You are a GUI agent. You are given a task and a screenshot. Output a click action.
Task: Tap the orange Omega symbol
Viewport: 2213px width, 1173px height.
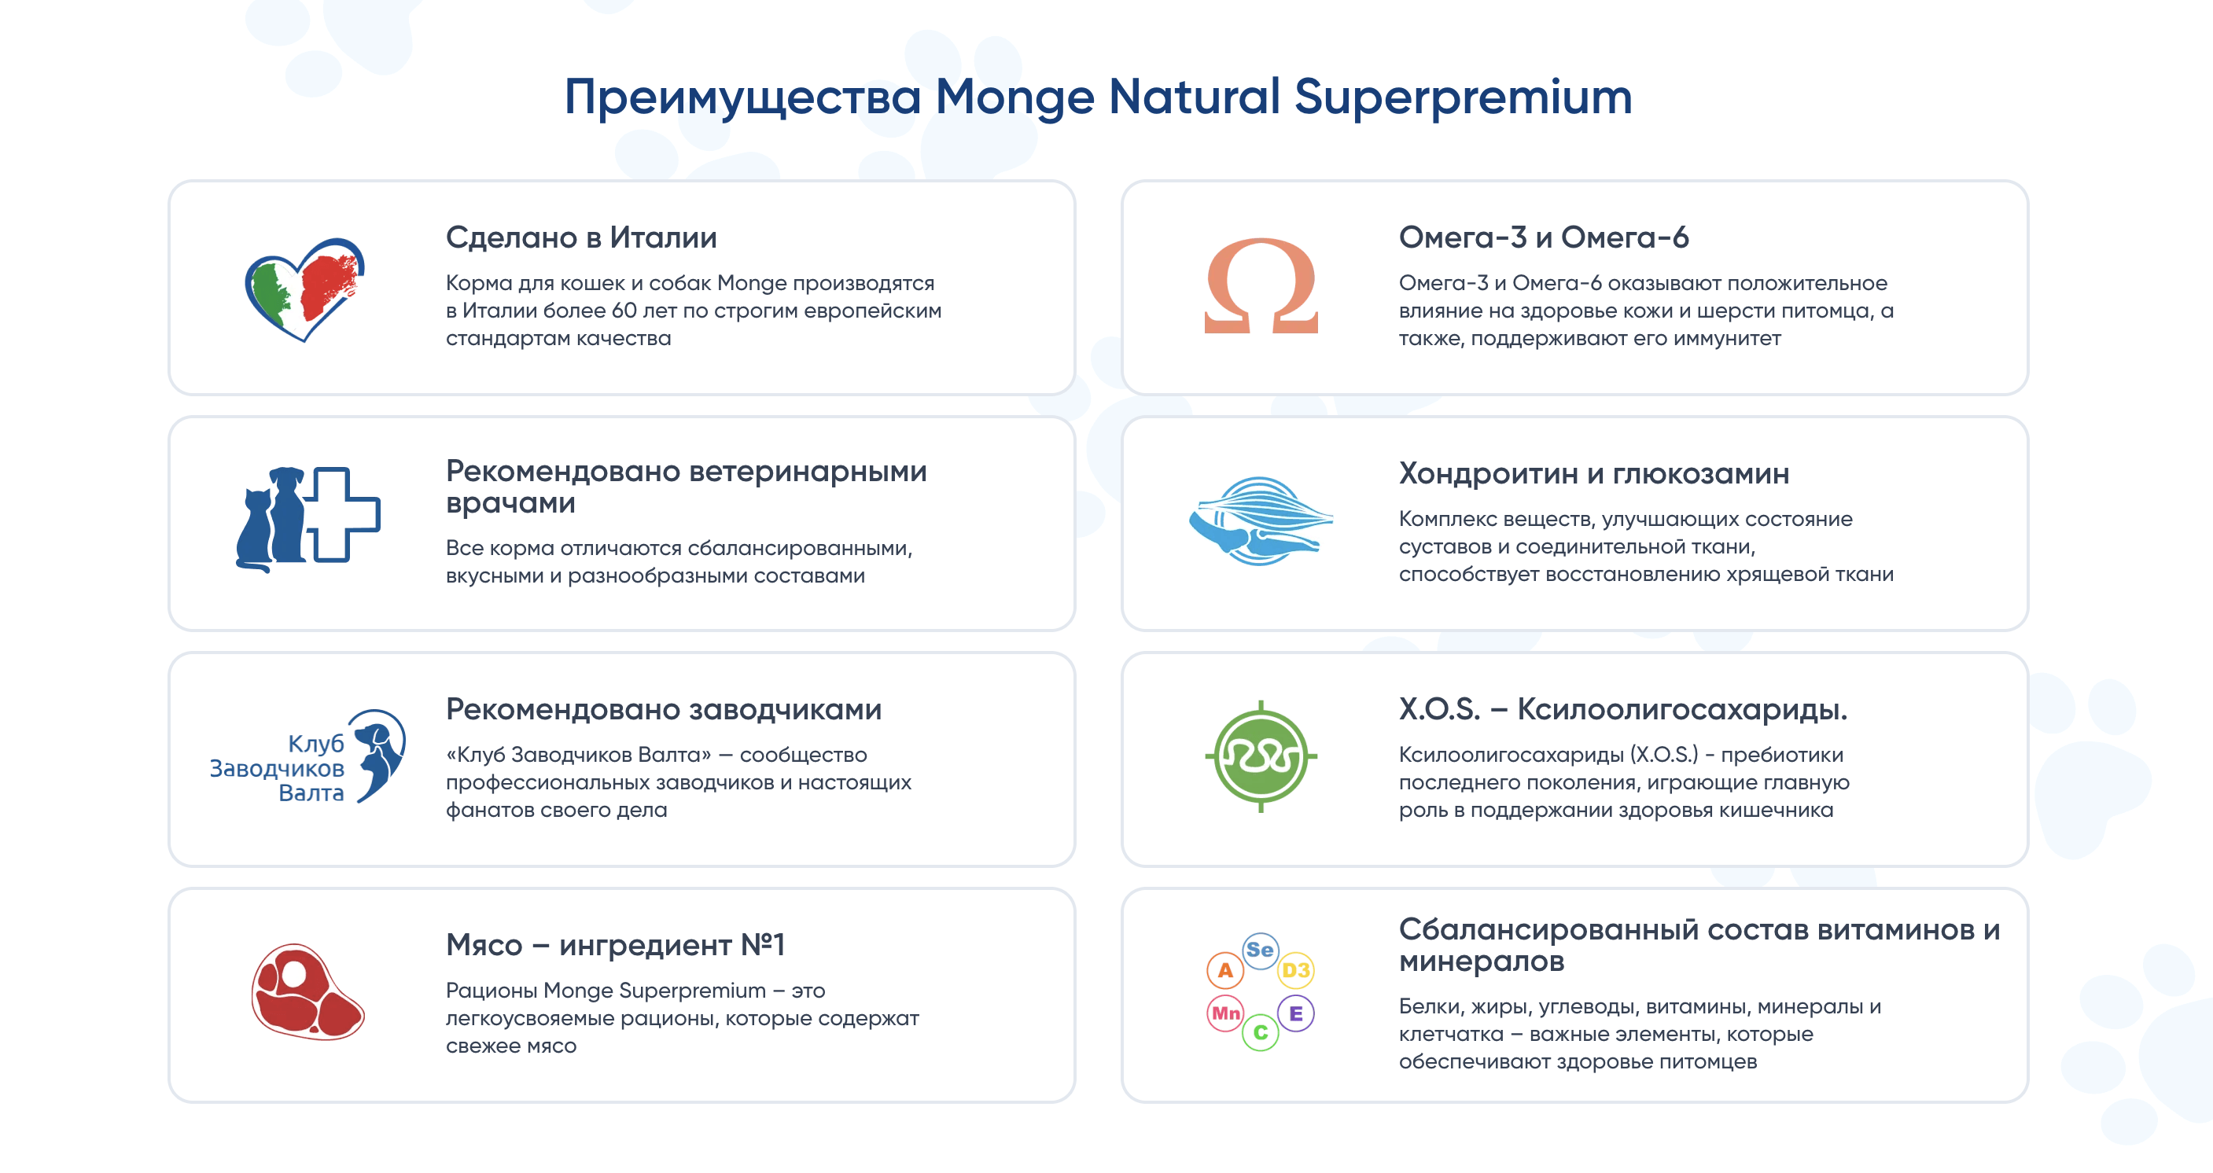coord(1261,286)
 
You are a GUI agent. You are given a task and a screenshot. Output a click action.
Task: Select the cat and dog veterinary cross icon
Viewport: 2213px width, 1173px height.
coord(307,520)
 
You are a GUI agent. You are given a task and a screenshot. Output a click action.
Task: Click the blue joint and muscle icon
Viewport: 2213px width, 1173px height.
coord(1261,520)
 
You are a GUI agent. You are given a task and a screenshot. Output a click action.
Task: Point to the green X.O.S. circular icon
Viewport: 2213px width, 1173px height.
coord(1261,756)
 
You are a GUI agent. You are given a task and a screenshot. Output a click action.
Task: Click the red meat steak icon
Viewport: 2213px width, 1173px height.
coord(307,992)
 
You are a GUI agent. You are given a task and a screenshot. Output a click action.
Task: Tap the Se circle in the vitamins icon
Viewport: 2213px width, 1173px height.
coord(1261,951)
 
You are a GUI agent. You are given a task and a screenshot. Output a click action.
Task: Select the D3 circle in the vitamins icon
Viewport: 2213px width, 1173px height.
coord(1295,970)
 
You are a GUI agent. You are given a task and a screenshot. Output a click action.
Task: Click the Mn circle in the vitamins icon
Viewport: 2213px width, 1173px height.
coord(1225,1013)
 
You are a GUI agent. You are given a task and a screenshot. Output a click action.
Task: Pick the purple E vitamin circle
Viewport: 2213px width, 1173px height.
coord(1295,1013)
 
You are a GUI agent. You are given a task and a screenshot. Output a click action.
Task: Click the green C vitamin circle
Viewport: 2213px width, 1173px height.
coord(1261,1032)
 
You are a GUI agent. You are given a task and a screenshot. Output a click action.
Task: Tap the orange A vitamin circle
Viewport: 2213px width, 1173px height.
coord(1225,970)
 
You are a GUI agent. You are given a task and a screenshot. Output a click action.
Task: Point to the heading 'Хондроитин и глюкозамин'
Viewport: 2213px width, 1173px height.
coord(1593,473)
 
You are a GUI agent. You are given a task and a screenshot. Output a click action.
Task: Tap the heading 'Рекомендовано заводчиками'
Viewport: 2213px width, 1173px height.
coord(663,709)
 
